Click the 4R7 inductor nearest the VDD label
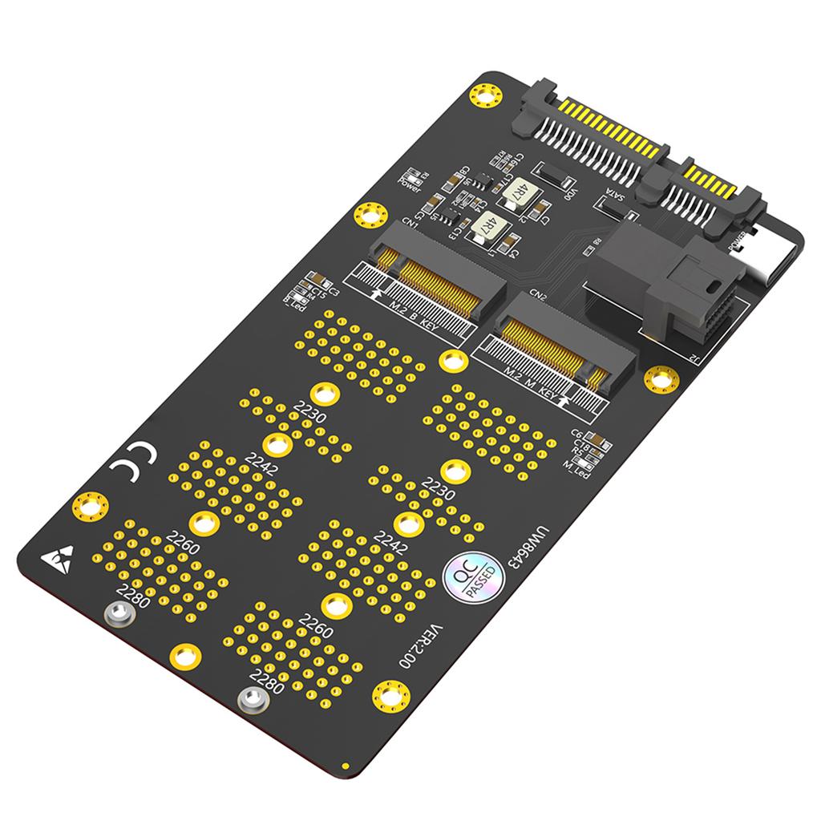pos(519,191)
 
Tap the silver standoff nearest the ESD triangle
pos(119,615)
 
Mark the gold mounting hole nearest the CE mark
pos(91,506)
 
